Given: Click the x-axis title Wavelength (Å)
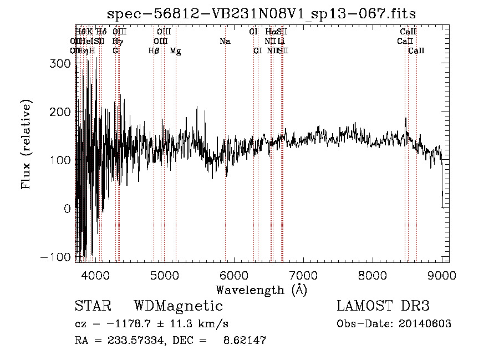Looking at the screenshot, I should tap(261, 290).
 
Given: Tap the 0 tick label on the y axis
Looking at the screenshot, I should tap(67, 209).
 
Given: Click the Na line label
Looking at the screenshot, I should tap(225, 42).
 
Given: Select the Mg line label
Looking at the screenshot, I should tap(175, 51).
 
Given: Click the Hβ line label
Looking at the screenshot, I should tap(154, 51).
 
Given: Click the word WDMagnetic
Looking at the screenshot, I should tap(178, 306).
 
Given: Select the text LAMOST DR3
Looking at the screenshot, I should tap(383, 306).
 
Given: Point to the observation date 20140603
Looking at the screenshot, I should tap(424, 324).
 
